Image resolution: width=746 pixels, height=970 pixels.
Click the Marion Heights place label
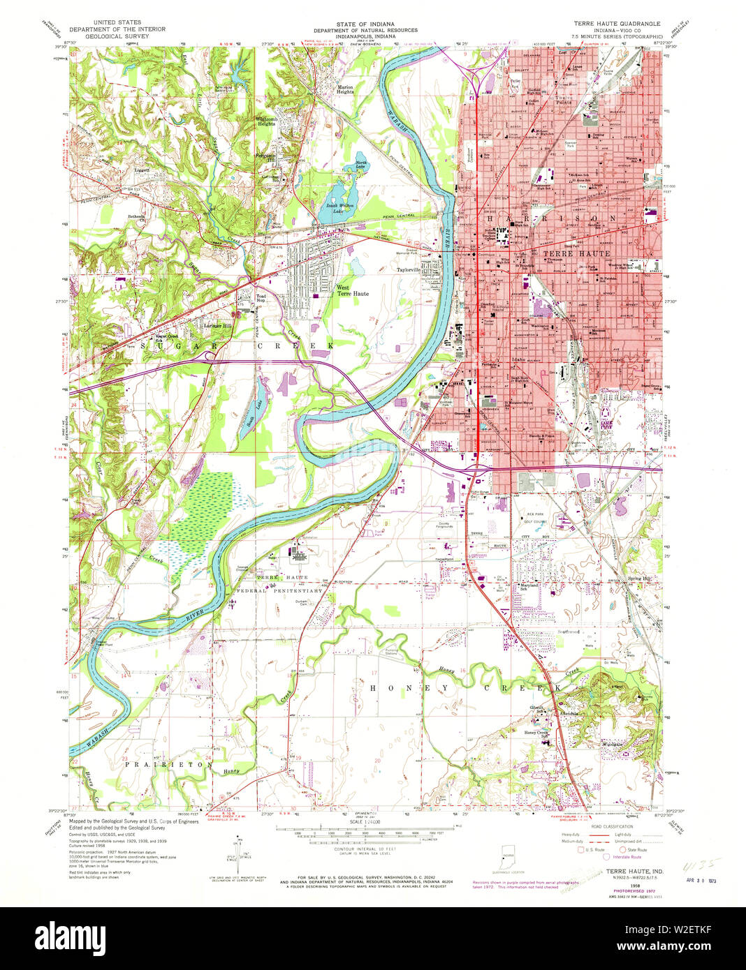coord(345,89)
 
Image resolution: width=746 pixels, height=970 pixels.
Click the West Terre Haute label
coord(352,290)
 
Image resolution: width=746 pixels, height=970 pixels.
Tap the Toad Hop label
coord(261,298)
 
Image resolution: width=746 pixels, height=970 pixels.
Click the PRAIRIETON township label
coord(167,765)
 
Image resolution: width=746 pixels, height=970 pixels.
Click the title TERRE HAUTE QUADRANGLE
coord(617,23)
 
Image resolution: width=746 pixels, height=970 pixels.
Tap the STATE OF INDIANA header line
coord(365,24)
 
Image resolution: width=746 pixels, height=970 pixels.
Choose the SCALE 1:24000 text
coord(365,822)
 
